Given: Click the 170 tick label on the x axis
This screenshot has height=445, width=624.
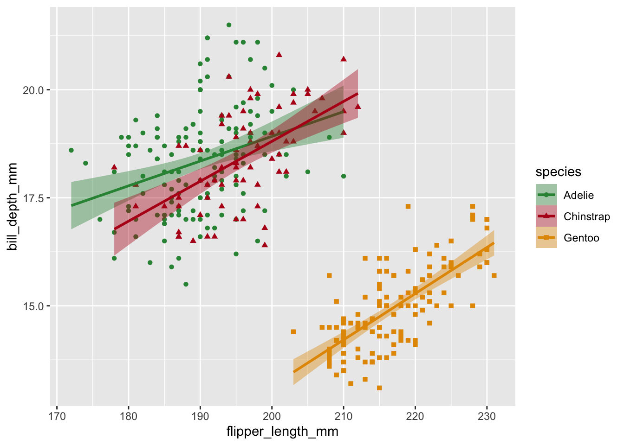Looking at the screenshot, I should (57, 415).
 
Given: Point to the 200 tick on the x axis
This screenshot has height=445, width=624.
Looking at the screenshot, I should (272, 415).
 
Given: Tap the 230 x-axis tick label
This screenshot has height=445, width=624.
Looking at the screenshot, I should (487, 415).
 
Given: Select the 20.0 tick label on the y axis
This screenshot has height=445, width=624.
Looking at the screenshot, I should (33, 90).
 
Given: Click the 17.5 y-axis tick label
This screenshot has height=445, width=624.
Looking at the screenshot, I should (33, 198).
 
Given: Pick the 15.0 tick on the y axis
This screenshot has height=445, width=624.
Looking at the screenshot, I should (33, 306).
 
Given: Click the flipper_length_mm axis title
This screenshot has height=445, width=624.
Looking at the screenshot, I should (282, 432).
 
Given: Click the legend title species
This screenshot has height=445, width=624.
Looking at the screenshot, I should (558, 172).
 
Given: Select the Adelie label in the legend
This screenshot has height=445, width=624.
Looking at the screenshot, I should (578, 195).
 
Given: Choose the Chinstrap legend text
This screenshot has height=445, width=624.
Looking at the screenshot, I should (586, 216).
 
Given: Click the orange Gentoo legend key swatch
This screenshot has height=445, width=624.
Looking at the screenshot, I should (546, 238).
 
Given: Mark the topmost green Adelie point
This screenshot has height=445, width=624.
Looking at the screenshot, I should (229, 25).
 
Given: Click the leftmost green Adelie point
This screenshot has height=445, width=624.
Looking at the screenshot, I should (71, 150).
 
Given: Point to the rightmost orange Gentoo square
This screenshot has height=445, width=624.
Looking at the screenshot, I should (494, 275).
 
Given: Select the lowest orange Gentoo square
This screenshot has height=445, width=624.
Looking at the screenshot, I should (379, 388).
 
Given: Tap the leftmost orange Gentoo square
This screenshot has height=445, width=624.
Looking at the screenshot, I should (293, 331).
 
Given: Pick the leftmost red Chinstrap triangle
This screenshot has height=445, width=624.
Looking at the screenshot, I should (114, 167).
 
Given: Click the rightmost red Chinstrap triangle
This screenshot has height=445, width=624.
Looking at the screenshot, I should (358, 106).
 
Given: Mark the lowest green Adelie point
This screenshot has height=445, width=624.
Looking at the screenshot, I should (186, 284).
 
